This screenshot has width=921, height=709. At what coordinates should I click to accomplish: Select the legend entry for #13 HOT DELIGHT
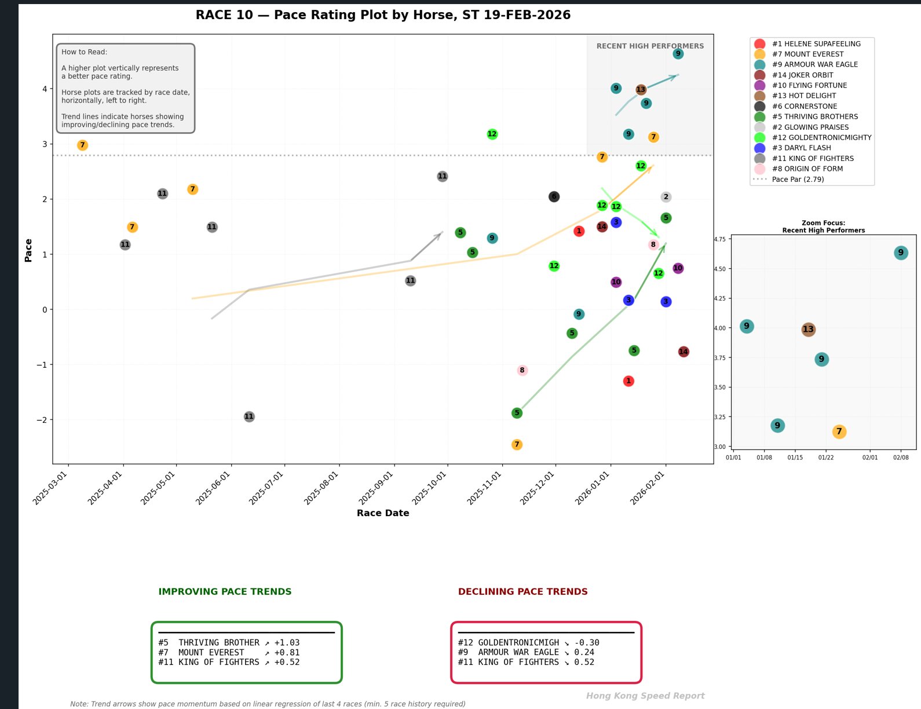point(804,96)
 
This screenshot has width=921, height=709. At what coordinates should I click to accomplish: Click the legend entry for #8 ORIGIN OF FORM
point(807,169)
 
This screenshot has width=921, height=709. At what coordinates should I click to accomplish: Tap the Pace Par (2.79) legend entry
point(798,179)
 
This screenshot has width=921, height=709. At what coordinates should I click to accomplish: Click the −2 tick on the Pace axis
point(42,419)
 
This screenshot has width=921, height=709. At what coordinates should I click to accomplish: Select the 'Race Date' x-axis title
point(383,513)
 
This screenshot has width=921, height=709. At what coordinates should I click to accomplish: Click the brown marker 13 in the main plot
point(641,89)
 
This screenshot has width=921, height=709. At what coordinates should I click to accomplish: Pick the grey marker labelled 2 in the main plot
point(666,197)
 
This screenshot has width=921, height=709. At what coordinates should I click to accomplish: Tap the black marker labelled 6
point(554,196)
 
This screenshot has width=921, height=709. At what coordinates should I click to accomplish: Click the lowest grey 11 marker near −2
point(249,416)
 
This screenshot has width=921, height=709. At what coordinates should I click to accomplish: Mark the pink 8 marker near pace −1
point(522,370)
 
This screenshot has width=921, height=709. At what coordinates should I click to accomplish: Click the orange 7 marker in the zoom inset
point(839,432)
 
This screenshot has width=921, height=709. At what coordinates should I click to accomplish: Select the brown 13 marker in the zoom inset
point(808,329)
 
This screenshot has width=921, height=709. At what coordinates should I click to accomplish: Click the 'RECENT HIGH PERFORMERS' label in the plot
point(650,46)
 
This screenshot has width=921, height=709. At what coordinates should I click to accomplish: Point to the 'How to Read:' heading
point(85,52)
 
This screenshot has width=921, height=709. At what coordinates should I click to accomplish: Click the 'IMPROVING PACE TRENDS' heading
point(225,591)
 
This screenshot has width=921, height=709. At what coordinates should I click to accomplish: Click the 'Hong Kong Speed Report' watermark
point(645,696)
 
